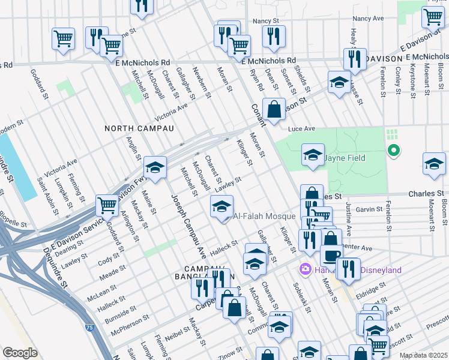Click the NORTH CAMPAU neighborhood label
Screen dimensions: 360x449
coord(139,128)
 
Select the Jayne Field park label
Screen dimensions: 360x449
coord(345,158)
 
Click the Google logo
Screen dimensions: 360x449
coord(20,353)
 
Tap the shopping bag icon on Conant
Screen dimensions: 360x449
coord(274,110)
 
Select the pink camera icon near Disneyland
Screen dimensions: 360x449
coord(305,270)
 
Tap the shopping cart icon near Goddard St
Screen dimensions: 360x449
coord(107,205)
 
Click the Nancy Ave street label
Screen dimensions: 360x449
coord(368,19)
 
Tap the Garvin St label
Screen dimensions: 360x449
coord(368,209)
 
